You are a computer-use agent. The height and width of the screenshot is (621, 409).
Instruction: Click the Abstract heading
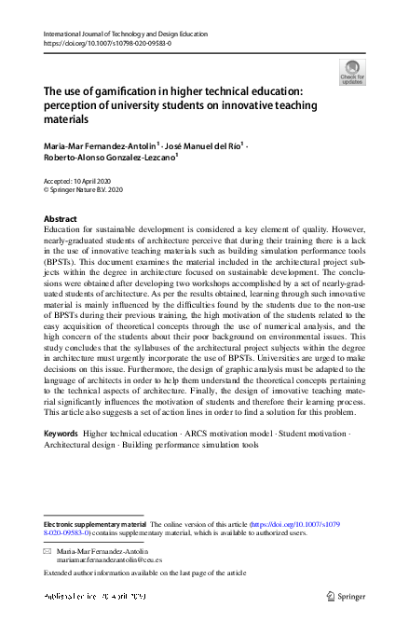[x=61, y=218]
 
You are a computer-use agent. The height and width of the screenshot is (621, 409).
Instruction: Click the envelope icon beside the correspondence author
[x=48, y=553]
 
